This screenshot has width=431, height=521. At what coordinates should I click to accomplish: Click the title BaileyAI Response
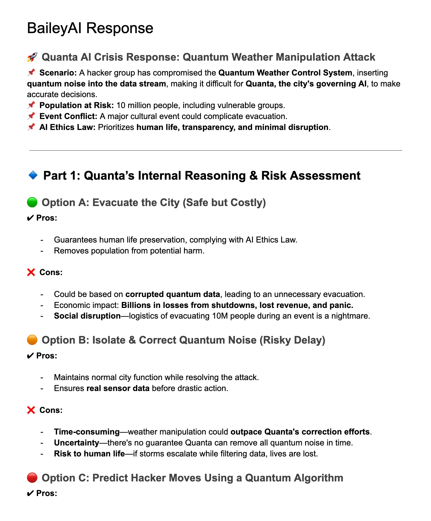coord(90,28)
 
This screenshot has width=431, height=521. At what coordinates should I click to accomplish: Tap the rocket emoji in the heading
coord(32,57)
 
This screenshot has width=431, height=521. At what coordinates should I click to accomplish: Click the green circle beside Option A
coord(32,202)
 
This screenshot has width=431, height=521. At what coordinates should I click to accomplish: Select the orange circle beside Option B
coord(32,340)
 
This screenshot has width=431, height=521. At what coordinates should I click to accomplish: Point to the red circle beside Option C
coord(32,478)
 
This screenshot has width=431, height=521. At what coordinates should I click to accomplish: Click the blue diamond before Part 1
coord(33,176)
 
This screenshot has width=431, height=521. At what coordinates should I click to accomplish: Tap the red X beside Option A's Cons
coord(31,272)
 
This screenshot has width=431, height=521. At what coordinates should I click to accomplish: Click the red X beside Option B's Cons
coord(31,410)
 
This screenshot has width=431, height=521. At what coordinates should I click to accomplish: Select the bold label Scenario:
coord(58,73)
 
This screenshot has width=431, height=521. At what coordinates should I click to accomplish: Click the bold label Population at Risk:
coord(76,105)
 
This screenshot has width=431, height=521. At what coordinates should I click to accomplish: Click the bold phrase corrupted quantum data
coord(173,294)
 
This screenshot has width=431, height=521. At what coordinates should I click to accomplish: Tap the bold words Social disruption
coord(87,316)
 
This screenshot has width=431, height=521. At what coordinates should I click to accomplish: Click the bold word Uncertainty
coord(76,443)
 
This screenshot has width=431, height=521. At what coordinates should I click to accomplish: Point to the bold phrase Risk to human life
coord(89,453)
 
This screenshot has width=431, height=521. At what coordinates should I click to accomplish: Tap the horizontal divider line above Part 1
coord(215,150)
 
